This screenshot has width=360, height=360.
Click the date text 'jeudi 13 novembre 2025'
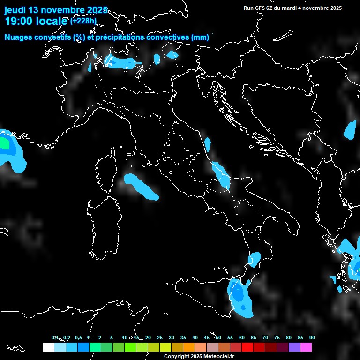[x=56, y=10]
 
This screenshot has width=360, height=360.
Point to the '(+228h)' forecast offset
[x=83, y=21]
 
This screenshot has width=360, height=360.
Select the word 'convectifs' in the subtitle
[x=50, y=37]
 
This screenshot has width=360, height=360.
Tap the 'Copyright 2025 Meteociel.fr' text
[x=199, y=357]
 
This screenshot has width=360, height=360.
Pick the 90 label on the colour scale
[x=312, y=337]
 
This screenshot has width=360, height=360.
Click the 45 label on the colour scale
[x=207, y=337]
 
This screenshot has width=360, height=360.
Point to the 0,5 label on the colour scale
[x=78, y=337]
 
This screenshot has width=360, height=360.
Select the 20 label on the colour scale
[x=148, y=337]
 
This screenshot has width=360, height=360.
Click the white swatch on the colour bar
[x=48, y=347]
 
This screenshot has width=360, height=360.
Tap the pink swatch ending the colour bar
[x=306, y=347]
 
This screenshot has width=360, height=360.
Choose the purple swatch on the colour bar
[x=294, y=347]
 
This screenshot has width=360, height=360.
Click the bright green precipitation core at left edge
[x=4, y=142]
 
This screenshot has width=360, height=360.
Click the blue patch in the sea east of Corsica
[x=141, y=186]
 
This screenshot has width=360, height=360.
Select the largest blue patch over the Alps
[x=120, y=61]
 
